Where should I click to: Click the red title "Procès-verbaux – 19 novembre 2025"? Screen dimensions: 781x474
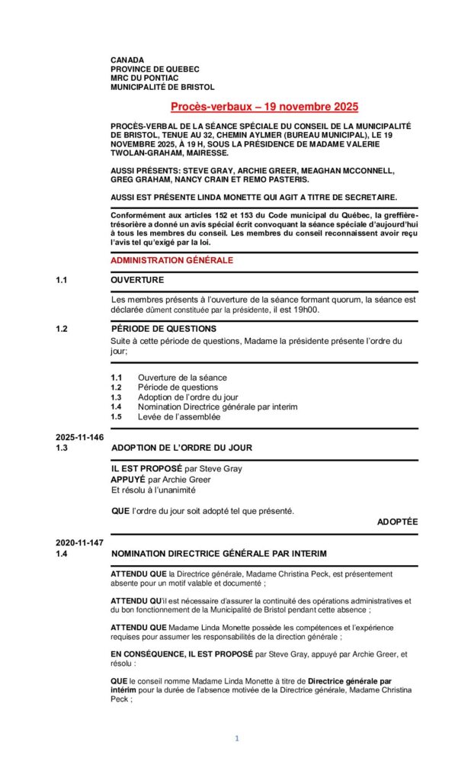coord(264,108)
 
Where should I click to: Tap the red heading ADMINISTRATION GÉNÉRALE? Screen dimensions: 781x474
coord(172,260)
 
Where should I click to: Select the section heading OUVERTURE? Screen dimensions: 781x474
coord(137,280)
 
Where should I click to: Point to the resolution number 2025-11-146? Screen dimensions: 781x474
coord(79,437)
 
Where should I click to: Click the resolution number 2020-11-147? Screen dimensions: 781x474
coord(79,542)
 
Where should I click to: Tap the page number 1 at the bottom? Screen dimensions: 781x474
coord(237,738)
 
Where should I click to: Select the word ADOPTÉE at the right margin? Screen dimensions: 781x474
coord(397,522)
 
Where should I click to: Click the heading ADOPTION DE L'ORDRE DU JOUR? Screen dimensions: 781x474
coord(181,448)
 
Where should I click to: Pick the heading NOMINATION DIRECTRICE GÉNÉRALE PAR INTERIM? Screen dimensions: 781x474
coord(219,553)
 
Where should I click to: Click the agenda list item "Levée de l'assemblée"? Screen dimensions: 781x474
coord(179,417)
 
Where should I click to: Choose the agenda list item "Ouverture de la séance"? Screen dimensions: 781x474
coord(182,378)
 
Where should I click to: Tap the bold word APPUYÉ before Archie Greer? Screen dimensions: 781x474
coord(128,479)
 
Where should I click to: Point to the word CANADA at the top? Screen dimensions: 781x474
coord(127,59)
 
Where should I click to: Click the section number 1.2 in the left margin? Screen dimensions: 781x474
coord(62,329)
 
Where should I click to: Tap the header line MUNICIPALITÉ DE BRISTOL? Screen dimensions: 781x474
coord(162,87)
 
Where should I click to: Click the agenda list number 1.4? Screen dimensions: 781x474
coord(116,407)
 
